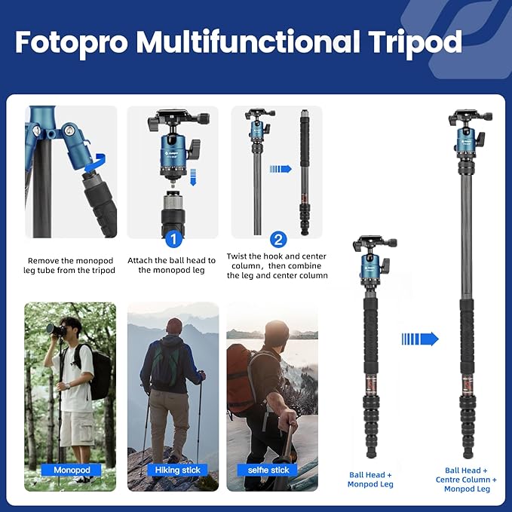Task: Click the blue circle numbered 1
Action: tap(173, 239)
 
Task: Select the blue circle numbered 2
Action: tap(278, 239)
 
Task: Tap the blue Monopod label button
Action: tap(72, 470)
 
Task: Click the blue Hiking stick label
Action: tap(173, 470)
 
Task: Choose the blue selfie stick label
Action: tap(269, 470)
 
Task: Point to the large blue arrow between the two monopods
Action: tap(420, 339)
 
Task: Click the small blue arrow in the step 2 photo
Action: tap(281, 169)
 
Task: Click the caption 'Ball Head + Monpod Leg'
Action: tap(369, 479)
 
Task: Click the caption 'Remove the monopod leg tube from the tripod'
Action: tap(72, 265)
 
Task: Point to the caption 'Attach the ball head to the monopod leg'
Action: tap(172, 265)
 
